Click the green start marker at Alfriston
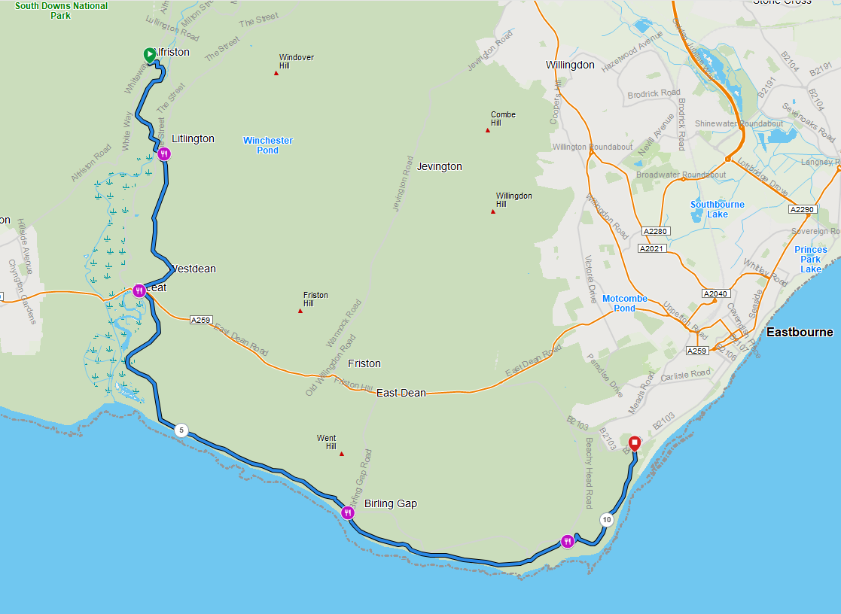coord(149,54)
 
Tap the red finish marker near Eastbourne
coord(634,443)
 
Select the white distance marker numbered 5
coord(181,430)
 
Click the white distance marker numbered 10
coord(606,519)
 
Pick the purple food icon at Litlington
coord(164,153)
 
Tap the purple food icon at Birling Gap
coord(348,513)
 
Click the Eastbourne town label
coord(800,332)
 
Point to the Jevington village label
coord(439,166)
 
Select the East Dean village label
coord(401,393)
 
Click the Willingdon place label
coord(570,65)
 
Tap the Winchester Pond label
coord(268,145)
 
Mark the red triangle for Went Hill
coord(342,454)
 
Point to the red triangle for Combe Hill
coord(488,130)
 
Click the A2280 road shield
coord(655,231)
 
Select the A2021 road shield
coord(652,248)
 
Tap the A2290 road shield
coord(803,208)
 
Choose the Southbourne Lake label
coord(718,209)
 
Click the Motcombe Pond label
coord(625,303)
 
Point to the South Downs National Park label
coord(61,11)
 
